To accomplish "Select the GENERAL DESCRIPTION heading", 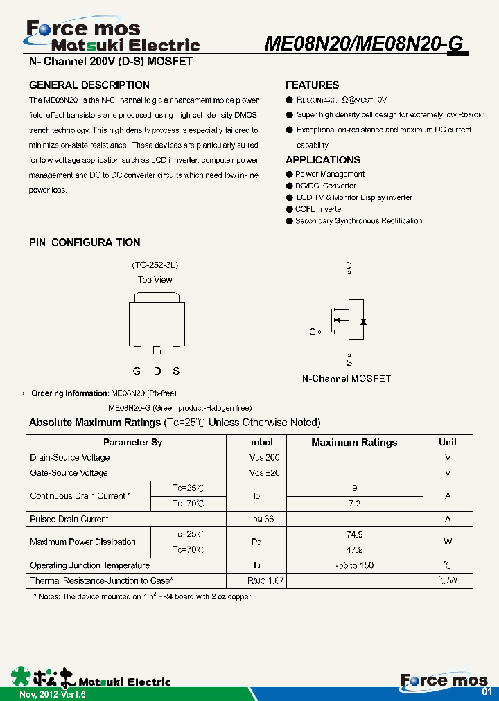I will click(x=89, y=85).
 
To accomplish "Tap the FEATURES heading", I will click(x=312, y=85).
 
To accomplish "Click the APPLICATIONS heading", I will click(x=323, y=160).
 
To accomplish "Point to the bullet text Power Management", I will click(x=330, y=175).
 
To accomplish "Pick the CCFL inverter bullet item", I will click(x=319, y=209).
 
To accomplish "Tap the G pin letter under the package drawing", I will click(x=137, y=371).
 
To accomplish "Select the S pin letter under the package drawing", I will click(x=176, y=371).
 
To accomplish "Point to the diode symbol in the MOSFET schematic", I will click(x=363, y=321).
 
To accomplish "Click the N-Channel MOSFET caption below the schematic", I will click(x=346, y=379).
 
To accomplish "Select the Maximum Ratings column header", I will click(x=354, y=443).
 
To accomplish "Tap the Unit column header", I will click(x=448, y=442).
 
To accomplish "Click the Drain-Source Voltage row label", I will click(x=69, y=458).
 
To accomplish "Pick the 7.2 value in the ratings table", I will click(x=354, y=504).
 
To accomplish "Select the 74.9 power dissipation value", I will click(x=354, y=535).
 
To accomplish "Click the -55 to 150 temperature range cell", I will click(x=354, y=566).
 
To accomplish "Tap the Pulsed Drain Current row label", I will click(x=69, y=520).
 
